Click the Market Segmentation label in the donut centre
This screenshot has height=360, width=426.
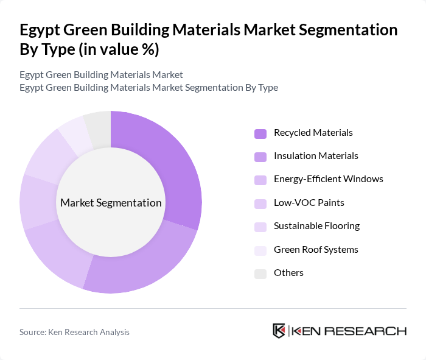pos(111,203)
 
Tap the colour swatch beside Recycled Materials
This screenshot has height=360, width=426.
pos(260,133)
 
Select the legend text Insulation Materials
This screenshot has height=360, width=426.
pos(316,156)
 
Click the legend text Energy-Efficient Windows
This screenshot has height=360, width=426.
pos(328,179)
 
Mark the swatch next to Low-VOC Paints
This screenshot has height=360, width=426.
pos(260,203)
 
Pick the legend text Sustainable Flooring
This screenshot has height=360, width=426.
pos(316,226)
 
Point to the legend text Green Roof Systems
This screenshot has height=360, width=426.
pos(316,249)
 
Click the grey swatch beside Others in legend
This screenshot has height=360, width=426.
pos(260,274)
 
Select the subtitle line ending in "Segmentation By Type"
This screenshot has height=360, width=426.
pos(148,87)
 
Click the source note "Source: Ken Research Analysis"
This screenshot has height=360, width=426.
pos(74,332)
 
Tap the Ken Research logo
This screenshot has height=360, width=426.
pos(339,331)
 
